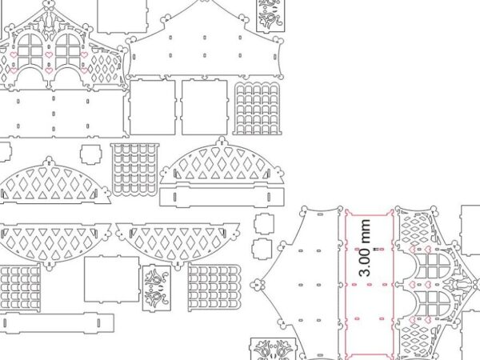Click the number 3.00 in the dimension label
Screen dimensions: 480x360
point(365,262)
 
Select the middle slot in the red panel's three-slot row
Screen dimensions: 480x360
point(369,285)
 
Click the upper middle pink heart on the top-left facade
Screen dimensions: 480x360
point(49,55)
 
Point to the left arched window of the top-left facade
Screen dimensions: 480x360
point(30,51)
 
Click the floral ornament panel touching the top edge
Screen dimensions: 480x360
point(270,15)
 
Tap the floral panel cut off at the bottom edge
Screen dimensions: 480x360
point(274,349)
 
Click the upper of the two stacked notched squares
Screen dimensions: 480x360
point(264,224)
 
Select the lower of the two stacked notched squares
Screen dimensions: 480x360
point(262,250)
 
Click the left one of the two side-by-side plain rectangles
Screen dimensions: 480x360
point(153,107)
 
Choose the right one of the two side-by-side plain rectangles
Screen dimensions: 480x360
point(205,107)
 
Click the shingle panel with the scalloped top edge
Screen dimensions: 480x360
point(257,108)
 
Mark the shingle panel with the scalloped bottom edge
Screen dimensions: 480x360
point(135,170)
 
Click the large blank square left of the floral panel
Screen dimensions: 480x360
point(112,279)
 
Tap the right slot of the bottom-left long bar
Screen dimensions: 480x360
point(98,323)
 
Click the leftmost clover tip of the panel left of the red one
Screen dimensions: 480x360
point(252,285)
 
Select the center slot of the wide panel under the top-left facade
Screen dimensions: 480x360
point(54,114)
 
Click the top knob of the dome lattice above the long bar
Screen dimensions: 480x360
point(222,141)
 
